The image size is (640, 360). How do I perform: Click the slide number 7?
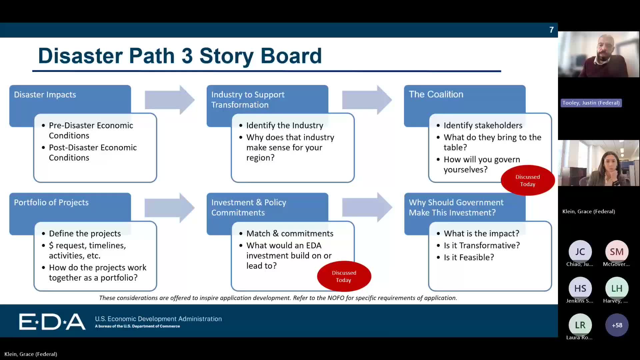click(551, 30)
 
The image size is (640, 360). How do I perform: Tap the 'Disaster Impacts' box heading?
click(45, 95)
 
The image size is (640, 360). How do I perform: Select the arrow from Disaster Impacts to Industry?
click(169, 100)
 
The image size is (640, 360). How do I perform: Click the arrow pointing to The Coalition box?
click(367, 100)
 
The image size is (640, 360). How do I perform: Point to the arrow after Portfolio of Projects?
click(169, 208)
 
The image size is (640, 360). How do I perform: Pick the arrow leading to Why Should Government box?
click(367, 208)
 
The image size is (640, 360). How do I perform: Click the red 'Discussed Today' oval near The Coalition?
click(527, 180)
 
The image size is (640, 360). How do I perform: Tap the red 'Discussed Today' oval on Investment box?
click(344, 276)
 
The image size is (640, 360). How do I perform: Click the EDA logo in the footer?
click(52, 322)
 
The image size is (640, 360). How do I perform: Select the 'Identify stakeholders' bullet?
click(483, 125)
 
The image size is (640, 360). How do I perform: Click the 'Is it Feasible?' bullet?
click(469, 257)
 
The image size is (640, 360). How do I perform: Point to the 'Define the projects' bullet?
click(85, 233)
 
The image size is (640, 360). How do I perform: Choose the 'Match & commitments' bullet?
click(290, 233)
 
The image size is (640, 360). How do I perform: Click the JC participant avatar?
click(580, 252)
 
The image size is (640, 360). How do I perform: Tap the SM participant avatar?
click(617, 252)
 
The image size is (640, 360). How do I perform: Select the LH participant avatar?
click(617, 288)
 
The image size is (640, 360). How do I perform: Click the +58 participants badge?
click(617, 325)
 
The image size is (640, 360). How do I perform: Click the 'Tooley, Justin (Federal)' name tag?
click(591, 103)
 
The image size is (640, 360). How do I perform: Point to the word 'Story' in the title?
click(226, 56)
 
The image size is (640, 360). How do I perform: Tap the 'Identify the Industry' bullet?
click(284, 125)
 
